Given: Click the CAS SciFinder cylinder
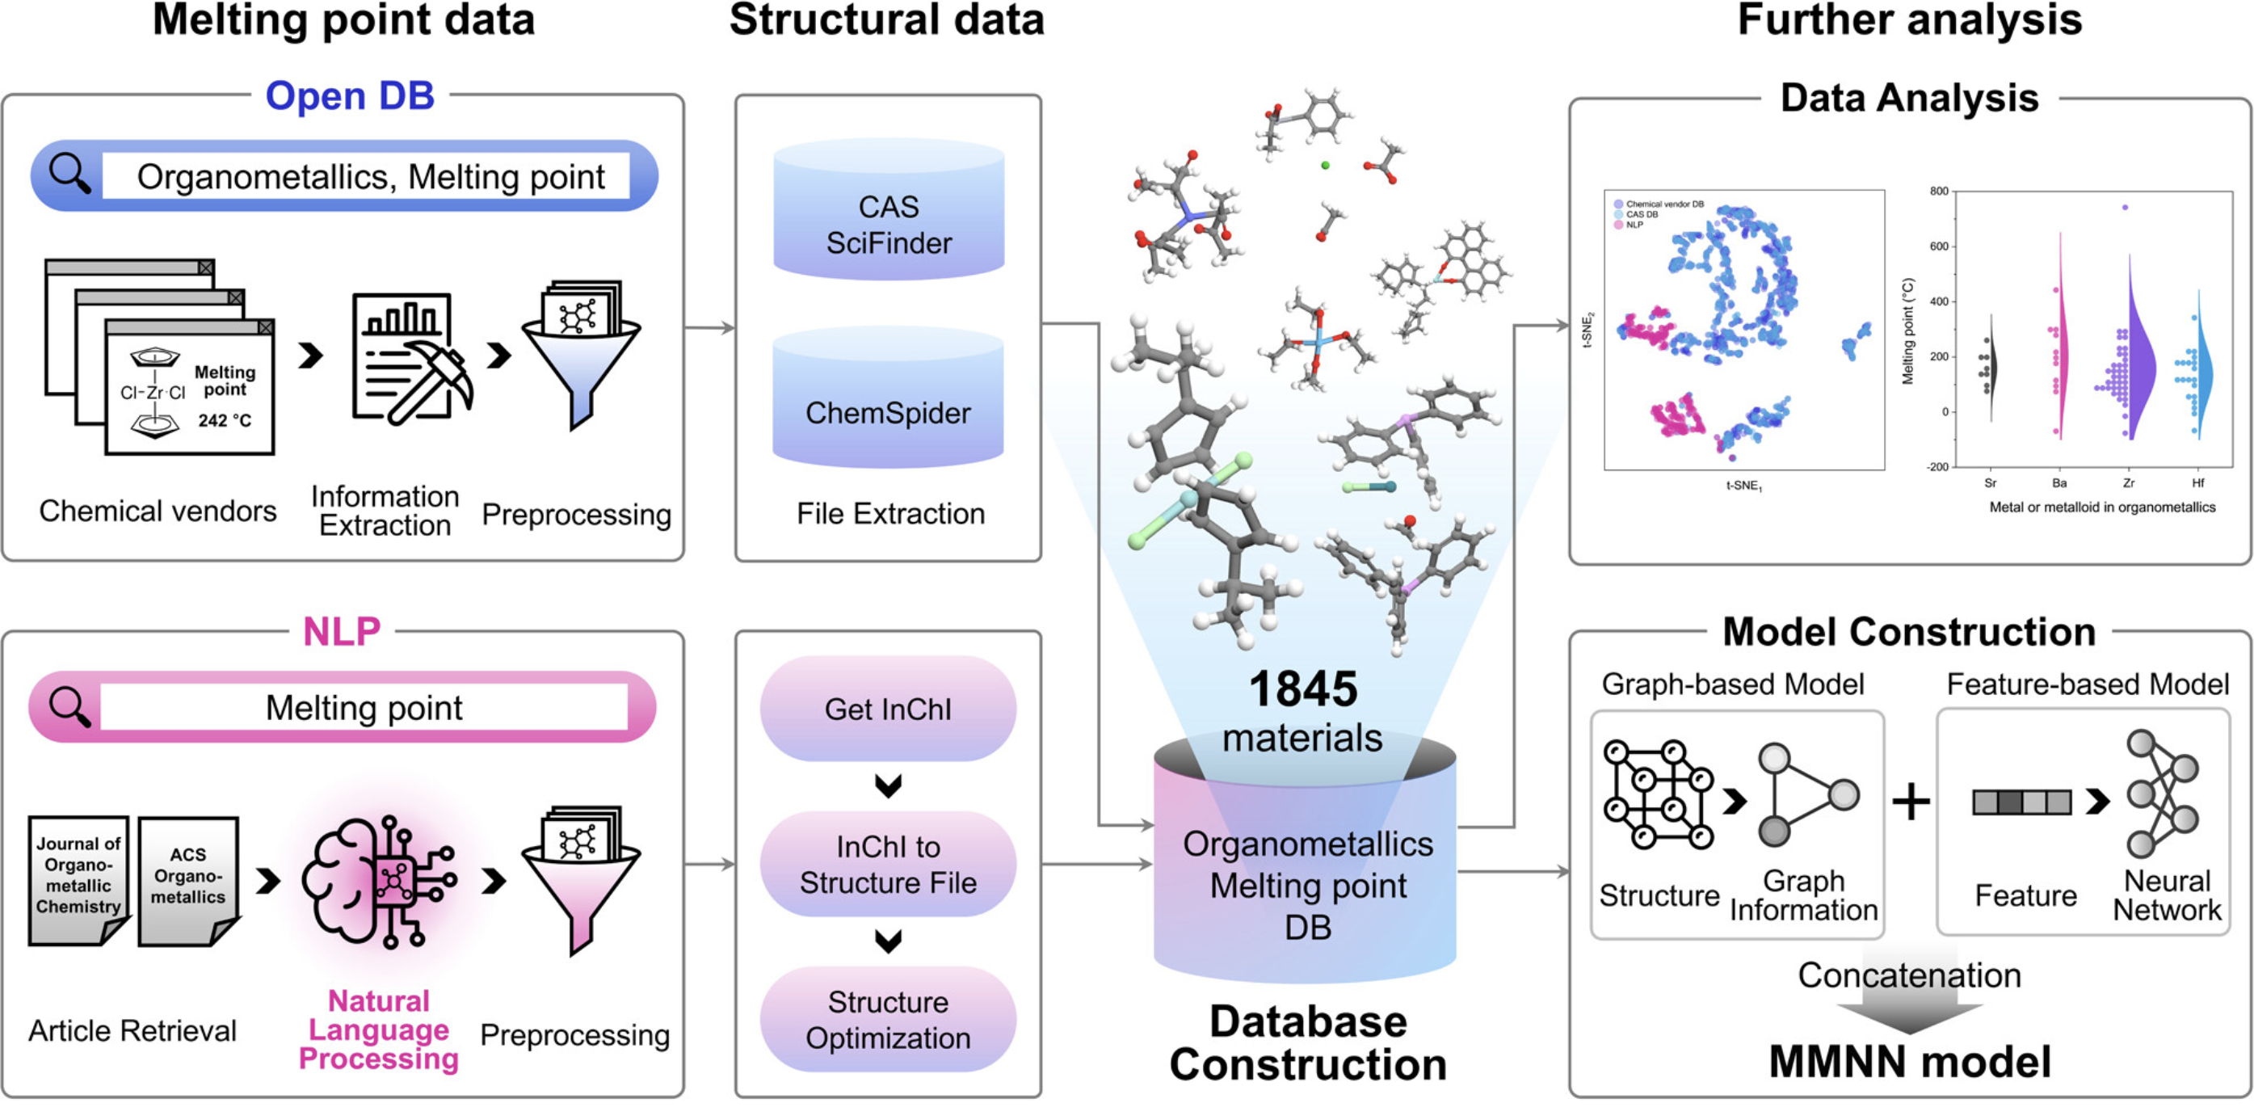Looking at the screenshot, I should [x=888, y=213].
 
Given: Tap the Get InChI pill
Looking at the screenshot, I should [x=888, y=709].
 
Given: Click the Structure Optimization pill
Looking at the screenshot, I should [x=888, y=1019].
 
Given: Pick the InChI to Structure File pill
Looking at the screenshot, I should [x=888, y=865].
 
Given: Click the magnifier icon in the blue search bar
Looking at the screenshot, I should [x=69, y=174].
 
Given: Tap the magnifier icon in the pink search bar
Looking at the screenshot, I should [x=69, y=706].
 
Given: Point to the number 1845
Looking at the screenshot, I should [x=1303, y=689].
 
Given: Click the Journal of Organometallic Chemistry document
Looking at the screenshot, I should [x=78, y=879].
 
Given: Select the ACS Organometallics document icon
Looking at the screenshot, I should [x=187, y=879].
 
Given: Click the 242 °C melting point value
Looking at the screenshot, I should [x=225, y=421].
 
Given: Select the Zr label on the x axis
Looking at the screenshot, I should [x=2129, y=483].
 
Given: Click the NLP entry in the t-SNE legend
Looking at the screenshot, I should [x=1633, y=225].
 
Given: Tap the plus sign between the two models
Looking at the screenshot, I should [x=1911, y=801].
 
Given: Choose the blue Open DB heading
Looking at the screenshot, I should [x=350, y=95].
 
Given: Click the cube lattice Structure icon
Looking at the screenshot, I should [x=1658, y=794].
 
